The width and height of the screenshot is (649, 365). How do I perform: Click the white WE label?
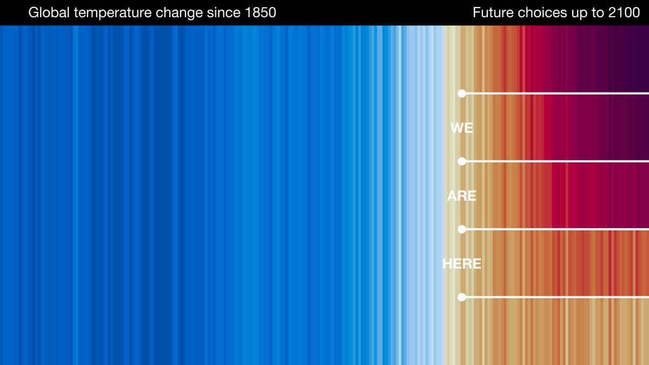click(461, 128)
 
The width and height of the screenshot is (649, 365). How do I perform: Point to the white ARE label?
click(461, 196)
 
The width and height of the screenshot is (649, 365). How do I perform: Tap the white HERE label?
click(461, 264)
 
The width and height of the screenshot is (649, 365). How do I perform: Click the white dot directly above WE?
click(462, 94)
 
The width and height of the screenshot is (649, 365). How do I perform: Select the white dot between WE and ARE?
click(462, 161)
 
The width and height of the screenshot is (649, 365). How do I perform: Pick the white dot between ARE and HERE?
click(462, 229)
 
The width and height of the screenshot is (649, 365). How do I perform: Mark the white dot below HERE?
click(462, 297)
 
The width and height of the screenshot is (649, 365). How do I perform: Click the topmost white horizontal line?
click(557, 94)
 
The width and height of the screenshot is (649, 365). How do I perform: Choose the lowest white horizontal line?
click(557, 297)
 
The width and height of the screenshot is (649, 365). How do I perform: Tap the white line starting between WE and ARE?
click(557, 161)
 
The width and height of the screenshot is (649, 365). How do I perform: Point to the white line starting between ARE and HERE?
click(557, 229)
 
